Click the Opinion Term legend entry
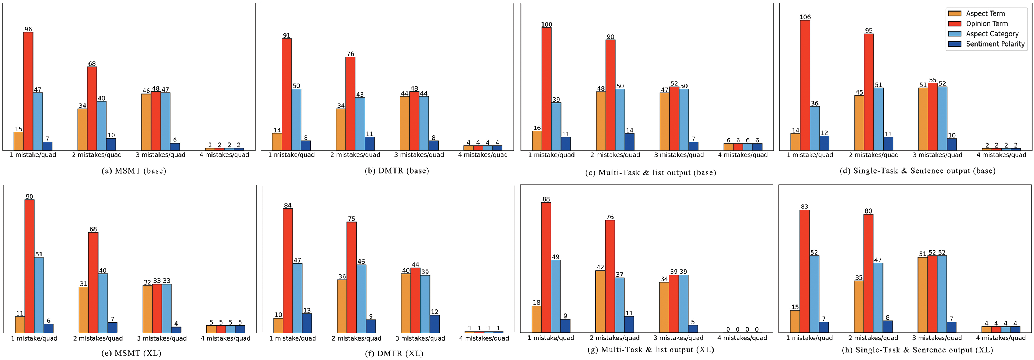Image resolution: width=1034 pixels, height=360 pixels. tap(987, 24)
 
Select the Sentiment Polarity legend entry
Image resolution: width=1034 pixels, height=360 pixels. tap(995, 44)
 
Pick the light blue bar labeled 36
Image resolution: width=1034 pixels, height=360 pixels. tap(815, 128)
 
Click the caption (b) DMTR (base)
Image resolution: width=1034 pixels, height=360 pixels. tap(397, 171)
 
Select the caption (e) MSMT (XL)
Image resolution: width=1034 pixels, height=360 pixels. tap(138, 353)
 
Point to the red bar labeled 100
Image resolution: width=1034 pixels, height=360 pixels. tap(546, 89)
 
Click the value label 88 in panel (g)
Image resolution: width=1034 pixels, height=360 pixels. tap(546, 199)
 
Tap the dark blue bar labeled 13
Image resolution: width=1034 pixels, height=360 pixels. tap(307, 323)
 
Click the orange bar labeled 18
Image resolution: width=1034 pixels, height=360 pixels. tap(536, 319)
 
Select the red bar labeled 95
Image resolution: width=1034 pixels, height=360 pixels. tap(869, 92)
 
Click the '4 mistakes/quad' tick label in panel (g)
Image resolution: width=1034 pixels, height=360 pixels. tap(742, 338)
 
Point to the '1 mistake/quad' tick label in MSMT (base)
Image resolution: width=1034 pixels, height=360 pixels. tap(33, 155)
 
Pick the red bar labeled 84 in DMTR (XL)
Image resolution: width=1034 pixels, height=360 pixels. tap(287, 271)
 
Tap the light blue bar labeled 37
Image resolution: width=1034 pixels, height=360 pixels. tap(619, 305)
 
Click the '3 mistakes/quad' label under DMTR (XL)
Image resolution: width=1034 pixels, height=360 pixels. tap(420, 338)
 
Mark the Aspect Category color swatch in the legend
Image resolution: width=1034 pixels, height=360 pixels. tap(955, 34)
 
